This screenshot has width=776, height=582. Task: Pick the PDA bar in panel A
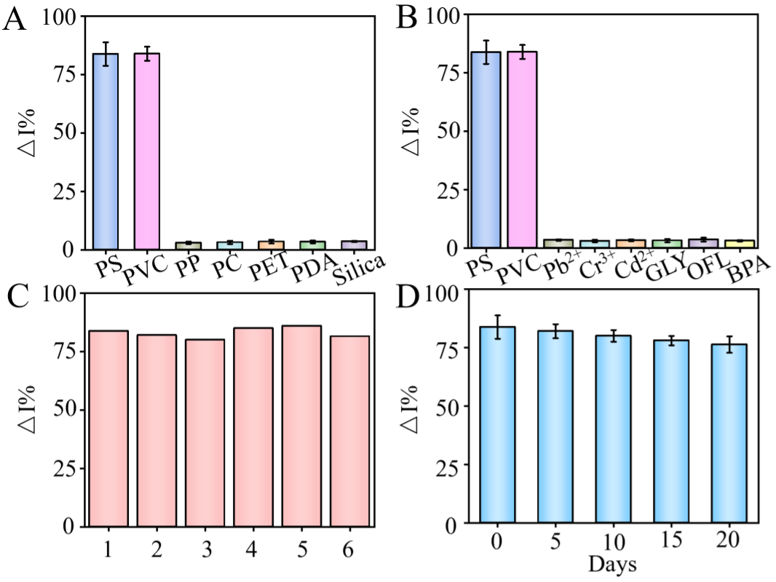[x=312, y=245]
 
